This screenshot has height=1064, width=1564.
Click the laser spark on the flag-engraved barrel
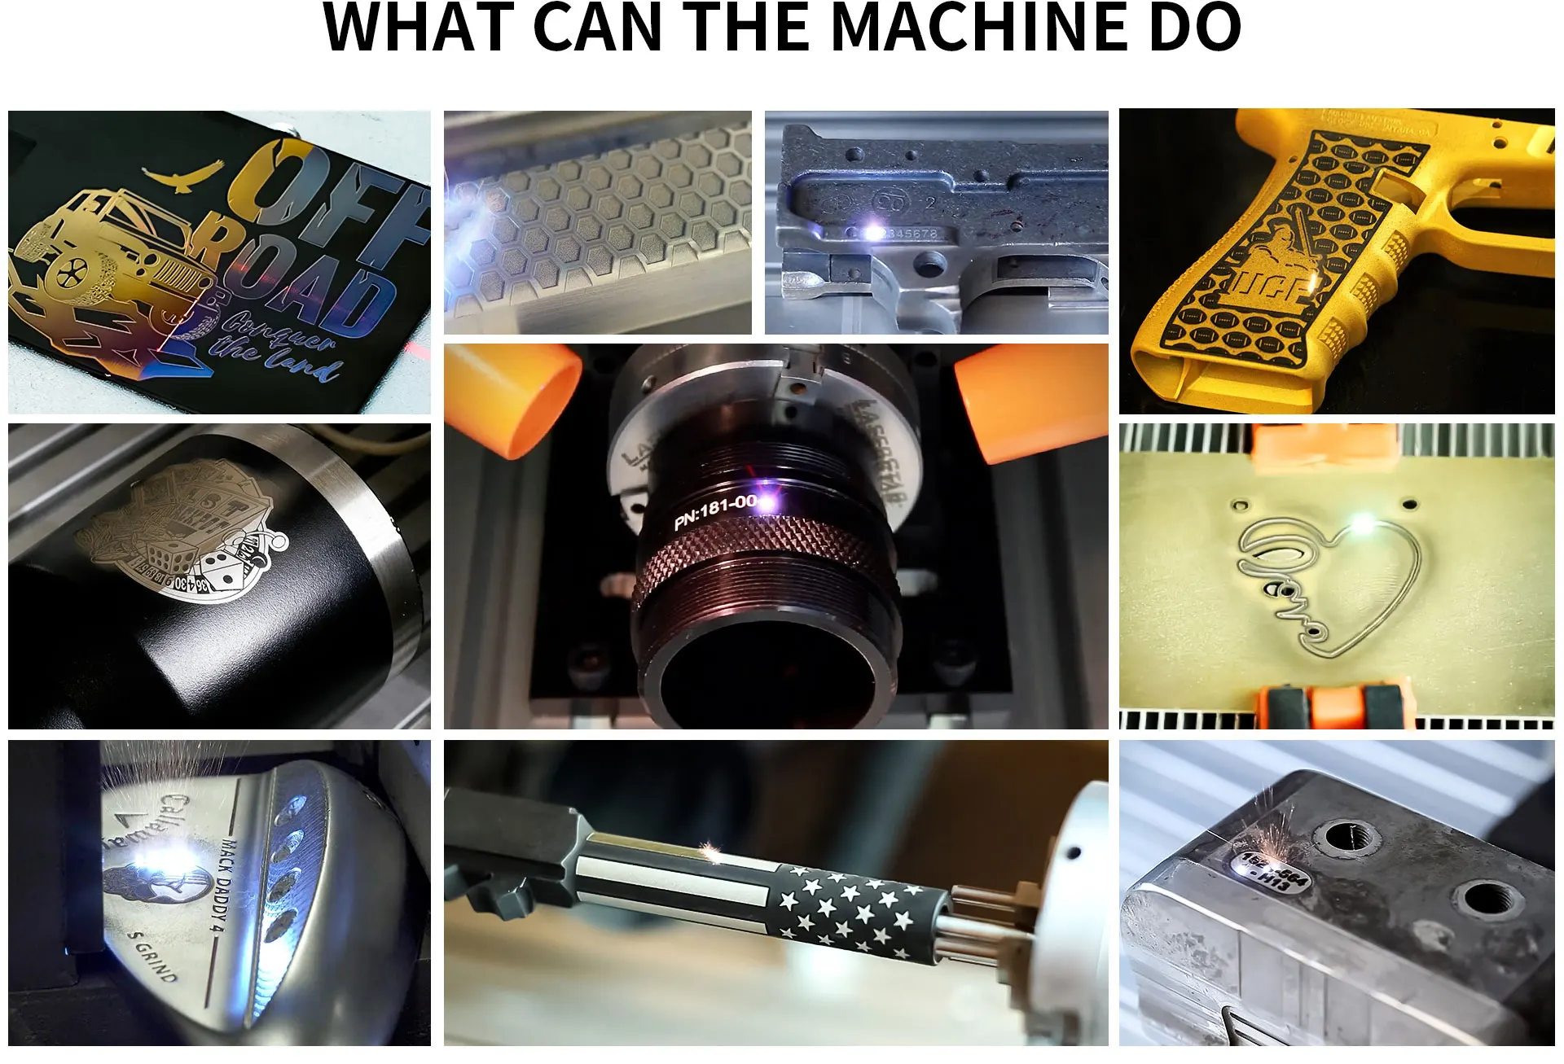coord(710,851)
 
